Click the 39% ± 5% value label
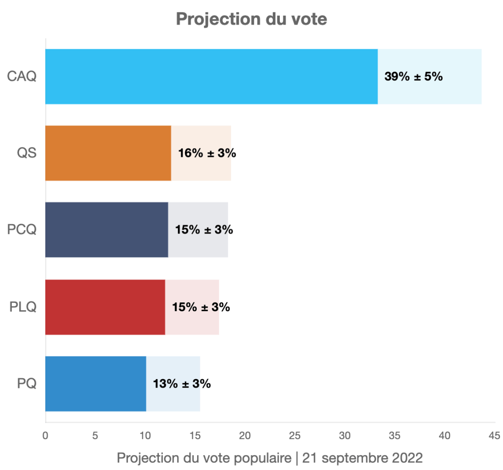click(414, 77)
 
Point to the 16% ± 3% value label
click(207, 153)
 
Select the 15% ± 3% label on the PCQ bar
click(204, 230)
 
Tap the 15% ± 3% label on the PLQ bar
click(201, 307)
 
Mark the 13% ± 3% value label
click(182, 384)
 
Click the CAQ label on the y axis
click(22, 77)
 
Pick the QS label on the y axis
click(27, 153)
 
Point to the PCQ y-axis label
click(22, 230)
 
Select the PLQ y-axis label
click(23, 307)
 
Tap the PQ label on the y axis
click(27, 384)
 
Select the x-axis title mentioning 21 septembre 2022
click(269, 458)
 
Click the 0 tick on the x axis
click(45, 436)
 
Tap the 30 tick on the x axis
click(345, 436)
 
